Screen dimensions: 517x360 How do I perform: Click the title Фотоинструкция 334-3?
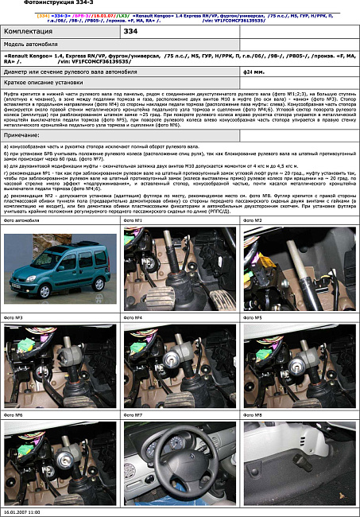pyautogui.click(x=36, y=4)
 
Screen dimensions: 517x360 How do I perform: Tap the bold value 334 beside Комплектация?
pyautogui.click(x=131, y=31)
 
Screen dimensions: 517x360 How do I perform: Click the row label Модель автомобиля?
pyautogui.click(x=32, y=45)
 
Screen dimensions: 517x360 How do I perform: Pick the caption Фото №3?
pyautogui.click(x=14, y=317)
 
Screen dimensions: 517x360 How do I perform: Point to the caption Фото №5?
pyautogui.click(x=253, y=317)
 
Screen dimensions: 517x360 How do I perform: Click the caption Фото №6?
pyautogui.click(x=14, y=414)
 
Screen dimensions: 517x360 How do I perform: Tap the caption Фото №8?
pyautogui.click(x=253, y=414)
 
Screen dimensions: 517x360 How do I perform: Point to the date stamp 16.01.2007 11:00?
pyautogui.click(x=21, y=512)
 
